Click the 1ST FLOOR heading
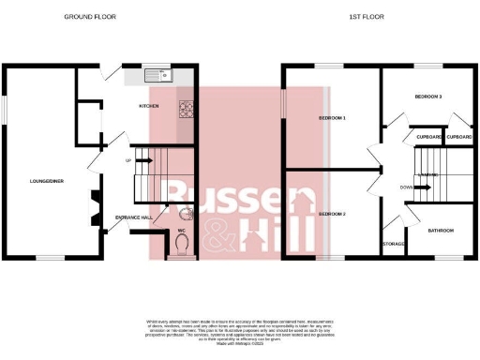tap(365, 17)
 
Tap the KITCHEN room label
tap(149, 106)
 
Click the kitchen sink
tap(154, 76)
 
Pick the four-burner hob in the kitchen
tap(186, 109)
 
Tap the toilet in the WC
tap(182, 245)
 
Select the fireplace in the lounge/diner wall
tap(93, 208)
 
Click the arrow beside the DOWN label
tap(422, 187)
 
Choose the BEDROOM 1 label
tap(332, 118)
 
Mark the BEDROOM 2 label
tap(332, 215)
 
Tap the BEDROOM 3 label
tap(427, 97)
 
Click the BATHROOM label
tap(441, 230)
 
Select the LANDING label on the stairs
tap(427, 174)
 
